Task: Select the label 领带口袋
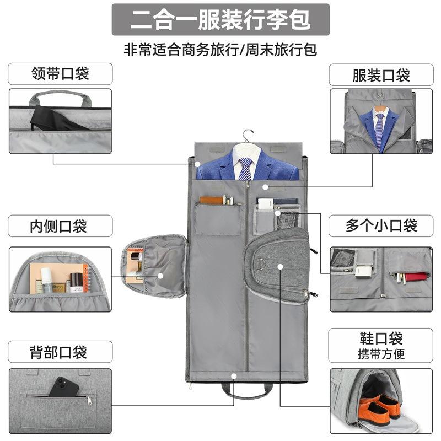pos(60,73)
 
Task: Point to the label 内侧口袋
pos(60,225)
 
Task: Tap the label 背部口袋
pos(60,351)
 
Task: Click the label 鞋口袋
pos(381,338)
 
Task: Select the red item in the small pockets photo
pos(414,276)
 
